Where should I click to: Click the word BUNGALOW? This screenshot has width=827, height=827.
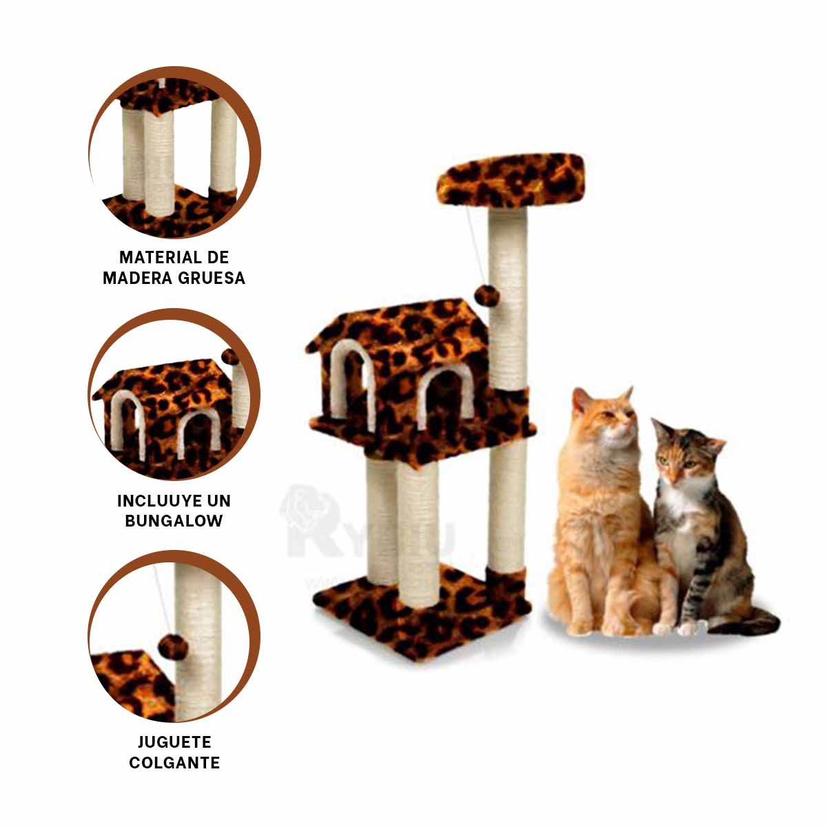tap(174, 521)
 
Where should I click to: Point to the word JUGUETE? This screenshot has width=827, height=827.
tap(174, 742)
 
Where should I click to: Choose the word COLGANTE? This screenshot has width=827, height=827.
tap(174, 763)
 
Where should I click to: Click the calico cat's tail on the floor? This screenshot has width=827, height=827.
tap(748, 623)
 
